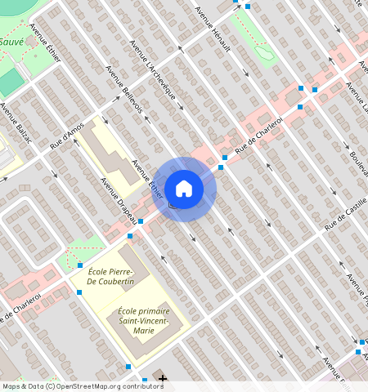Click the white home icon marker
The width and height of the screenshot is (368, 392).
pos(184,189)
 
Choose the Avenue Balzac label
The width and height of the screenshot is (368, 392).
pos(16,123)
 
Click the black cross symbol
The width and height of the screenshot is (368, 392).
pos(163,379)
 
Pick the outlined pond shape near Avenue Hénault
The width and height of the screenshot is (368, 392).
pos(263,53)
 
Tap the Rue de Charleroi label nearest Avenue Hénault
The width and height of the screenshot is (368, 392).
pos(258,137)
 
